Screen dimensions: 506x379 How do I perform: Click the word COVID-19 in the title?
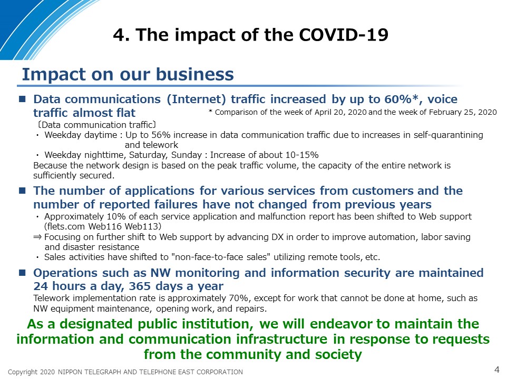pos(344,35)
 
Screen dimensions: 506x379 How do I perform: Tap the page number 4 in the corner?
pos(497,370)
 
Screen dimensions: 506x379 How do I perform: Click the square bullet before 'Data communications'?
pos(22,98)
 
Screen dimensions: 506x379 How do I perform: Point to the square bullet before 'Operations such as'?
pos(22,273)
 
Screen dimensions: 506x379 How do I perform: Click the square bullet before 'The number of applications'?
pos(22,191)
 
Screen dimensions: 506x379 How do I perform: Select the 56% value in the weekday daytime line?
pos(161,135)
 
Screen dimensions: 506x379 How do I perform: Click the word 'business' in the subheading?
pos(195,74)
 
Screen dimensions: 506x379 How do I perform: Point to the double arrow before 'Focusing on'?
pos(37,237)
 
